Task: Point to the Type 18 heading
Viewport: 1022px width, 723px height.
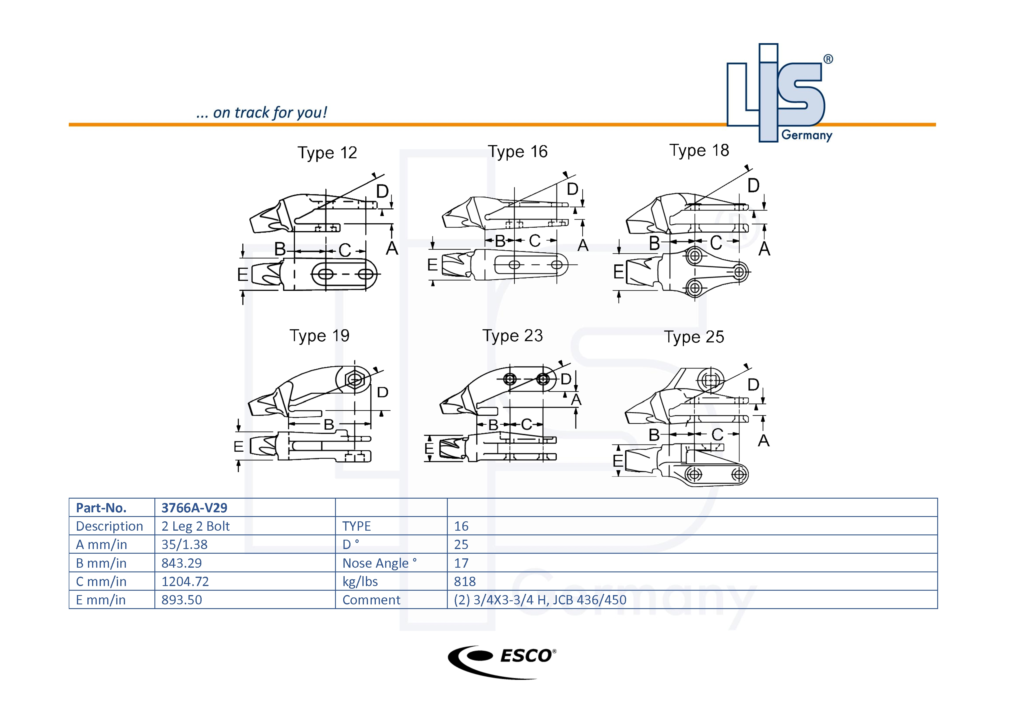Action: [699, 150]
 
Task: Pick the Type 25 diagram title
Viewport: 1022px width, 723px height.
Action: [694, 337]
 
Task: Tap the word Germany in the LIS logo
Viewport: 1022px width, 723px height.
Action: [807, 135]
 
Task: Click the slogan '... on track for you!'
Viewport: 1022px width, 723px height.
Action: [262, 113]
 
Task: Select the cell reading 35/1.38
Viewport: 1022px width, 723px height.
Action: [184, 544]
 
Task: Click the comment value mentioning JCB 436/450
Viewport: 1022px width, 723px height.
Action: [540, 600]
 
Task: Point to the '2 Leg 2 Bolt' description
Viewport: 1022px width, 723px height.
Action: [195, 526]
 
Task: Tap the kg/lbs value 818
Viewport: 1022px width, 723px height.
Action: [465, 581]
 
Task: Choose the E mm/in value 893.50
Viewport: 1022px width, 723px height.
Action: [182, 600]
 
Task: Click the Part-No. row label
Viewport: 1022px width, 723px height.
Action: [101, 508]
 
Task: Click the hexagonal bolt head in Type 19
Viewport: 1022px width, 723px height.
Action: [355, 380]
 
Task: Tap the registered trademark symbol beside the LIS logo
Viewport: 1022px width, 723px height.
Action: [828, 59]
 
